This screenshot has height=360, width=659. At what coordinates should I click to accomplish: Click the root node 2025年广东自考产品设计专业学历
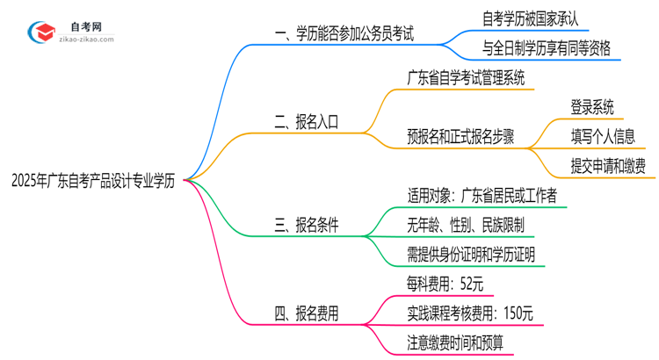(92, 181)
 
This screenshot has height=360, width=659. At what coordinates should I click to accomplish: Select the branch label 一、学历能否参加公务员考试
(344, 36)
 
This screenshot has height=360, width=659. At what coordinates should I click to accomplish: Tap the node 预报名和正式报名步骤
(461, 136)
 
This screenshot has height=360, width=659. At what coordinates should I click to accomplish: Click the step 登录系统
(580, 107)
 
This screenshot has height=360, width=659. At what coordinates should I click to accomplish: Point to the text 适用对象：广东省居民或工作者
(482, 196)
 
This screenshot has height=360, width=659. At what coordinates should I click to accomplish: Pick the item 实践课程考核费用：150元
(471, 313)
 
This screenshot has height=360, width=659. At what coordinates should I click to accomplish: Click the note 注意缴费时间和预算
(460, 342)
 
